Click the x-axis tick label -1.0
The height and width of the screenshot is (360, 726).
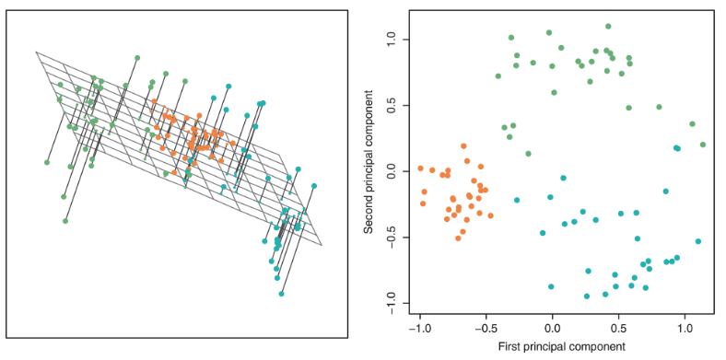point(419,327)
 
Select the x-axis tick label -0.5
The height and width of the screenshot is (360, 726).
point(486,327)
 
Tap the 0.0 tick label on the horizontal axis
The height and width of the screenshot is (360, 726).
point(552,327)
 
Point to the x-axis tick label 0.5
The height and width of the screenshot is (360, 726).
point(618,327)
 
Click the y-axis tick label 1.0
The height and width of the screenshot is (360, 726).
point(392,41)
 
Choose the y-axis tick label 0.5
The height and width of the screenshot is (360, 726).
point(392,106)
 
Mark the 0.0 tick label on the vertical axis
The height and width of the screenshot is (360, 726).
point(392,172)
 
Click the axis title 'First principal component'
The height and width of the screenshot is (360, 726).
point(552,347)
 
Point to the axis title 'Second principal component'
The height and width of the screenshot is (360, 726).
point(369,172)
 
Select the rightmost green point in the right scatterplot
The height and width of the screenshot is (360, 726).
point(703,145)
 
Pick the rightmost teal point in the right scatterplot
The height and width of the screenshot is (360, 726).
point(698,241)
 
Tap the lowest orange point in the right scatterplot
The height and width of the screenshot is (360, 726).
point(458,238)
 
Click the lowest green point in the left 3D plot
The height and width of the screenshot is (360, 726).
point(65,221)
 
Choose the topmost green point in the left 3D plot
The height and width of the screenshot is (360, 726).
point(137,58)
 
